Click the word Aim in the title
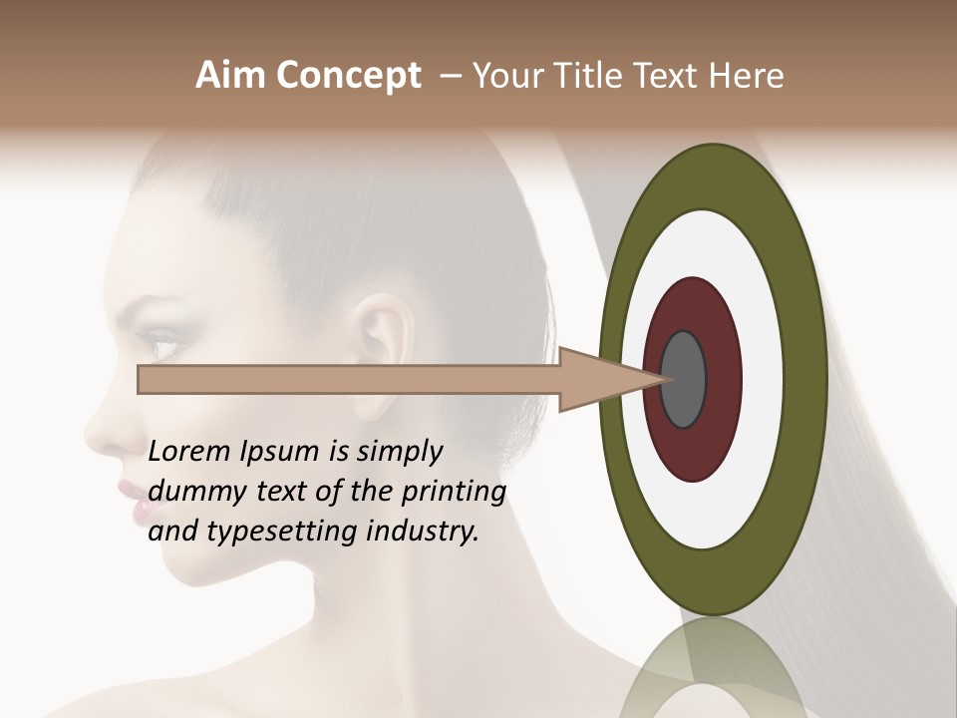[231, 76]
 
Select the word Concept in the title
[349, 77]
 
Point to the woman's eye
[160, 346]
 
